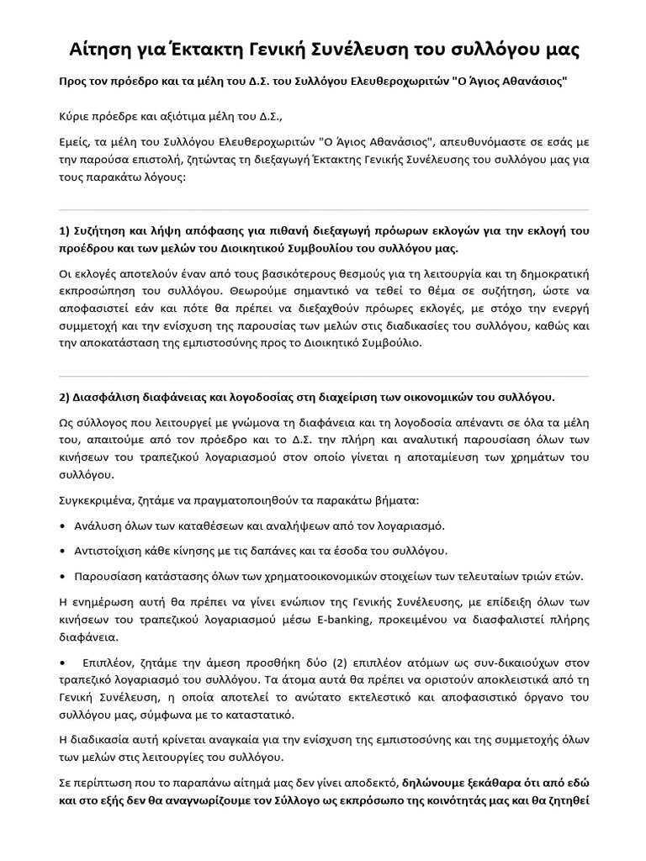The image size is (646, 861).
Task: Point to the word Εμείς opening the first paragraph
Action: tap(76, 146)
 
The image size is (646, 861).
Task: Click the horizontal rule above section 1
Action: tap(323, 209)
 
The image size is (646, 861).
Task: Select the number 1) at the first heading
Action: tap(64, 231)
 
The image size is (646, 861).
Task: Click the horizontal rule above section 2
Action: tap(323, 376)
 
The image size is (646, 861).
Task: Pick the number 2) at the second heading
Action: tap(64, 397)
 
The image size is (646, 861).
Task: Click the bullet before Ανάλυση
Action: tap(62, 526)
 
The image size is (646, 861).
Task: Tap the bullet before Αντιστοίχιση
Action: tap(62, 551)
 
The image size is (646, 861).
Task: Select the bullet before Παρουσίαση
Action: tap(62, 577)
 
